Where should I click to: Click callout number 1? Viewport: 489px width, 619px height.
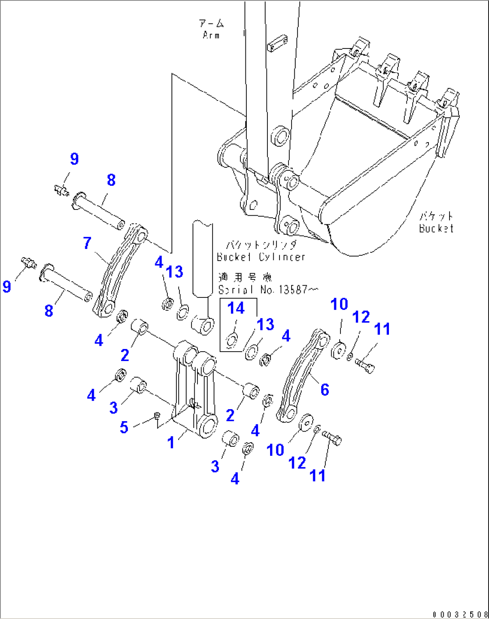pos(171,443)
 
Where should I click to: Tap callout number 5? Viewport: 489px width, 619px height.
pos(124,427)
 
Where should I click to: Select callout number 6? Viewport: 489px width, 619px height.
pos(325,389)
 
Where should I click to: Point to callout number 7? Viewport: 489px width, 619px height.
pos(87,243)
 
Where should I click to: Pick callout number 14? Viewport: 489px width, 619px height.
pos(236,308)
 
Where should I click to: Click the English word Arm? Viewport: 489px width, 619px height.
pos(211,35)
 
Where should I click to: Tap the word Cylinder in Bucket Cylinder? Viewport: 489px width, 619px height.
pos(282,257)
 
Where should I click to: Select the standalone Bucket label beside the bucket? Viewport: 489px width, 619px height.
pos(436,228)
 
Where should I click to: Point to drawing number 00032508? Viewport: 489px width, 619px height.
pos(460,614)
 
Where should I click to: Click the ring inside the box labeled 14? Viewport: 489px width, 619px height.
pos(232,340)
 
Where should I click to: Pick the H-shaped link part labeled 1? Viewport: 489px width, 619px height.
pos(195,390)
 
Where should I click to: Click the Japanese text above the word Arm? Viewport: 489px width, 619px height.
pos(211,23)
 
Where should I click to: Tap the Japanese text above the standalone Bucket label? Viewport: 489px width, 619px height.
pos(437,217)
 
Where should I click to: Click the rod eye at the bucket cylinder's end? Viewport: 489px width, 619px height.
pos(203,325)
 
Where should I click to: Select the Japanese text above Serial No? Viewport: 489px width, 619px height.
pos(245,278)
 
